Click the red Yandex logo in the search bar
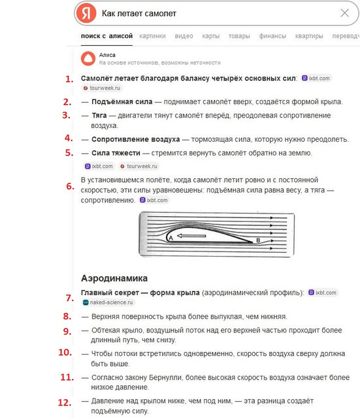86,13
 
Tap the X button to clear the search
344,13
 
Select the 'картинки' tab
152,36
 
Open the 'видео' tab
184,36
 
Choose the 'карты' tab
210,36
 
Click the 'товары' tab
239,36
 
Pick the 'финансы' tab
272,36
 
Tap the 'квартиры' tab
309,36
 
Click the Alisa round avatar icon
88,59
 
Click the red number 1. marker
69,79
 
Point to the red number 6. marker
71,186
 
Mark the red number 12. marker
65,402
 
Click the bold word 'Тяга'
99,116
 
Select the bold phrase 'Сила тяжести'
116,153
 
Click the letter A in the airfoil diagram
171,238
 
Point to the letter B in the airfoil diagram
258,240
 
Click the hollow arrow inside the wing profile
191,236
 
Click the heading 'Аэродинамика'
114,278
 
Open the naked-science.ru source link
108,302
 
